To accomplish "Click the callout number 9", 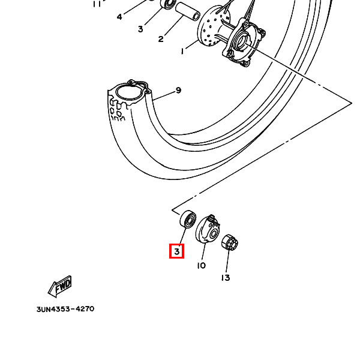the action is point(178,91).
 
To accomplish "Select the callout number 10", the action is point(202,266).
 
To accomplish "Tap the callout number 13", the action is point(226,278).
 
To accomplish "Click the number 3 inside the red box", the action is point(177,251).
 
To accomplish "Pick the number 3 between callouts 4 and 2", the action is point(140,29).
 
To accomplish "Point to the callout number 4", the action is point(119,17).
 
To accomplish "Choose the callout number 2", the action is point(161,39).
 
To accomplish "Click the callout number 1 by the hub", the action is point(182,51).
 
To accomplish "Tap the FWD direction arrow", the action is point(60,287).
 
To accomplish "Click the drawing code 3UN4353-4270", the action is point(65,309).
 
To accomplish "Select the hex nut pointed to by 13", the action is point(230,242).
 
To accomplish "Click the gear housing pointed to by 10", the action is point(208,229).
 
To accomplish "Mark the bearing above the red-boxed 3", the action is point(188,219).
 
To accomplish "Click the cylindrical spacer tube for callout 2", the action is point(188,11).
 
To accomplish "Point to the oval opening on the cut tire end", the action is point(128,92).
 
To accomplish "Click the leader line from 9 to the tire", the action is point(164,96).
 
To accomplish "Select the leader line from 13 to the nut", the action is point(227,261).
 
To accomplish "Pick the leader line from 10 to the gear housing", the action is point(204,251).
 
